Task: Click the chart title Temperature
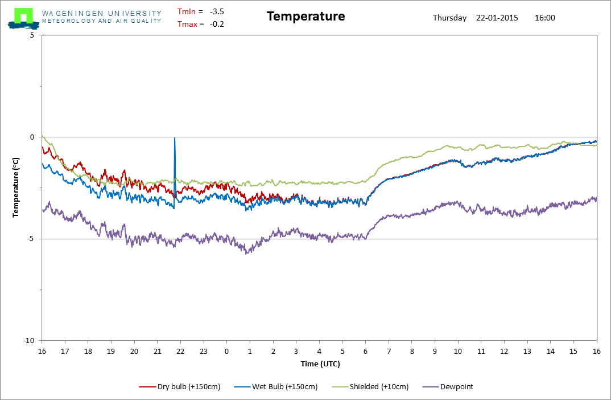point(306,17)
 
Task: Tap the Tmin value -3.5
point(217,12)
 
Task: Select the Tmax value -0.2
point(217,24)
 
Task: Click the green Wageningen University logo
point(23,18)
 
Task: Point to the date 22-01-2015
point(497,18)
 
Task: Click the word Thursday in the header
point(449,18)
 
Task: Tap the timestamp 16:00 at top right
point(545,18)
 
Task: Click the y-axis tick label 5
point(32,35)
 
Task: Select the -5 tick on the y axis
point(30,239)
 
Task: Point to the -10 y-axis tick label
point(29,341)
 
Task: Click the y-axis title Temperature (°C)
point(15,187)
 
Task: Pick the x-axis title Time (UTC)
point(320,364)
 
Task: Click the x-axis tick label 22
point(180,351)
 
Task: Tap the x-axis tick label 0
point(227,351)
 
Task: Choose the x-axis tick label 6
point(365,351)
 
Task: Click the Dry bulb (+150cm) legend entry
point(180,387)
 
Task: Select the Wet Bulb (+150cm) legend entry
point(276,387)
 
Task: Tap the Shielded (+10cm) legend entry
point(370,387)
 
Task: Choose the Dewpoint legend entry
point(448,387)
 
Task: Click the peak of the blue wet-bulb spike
point(175,138)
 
